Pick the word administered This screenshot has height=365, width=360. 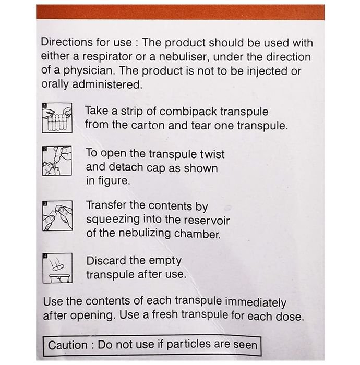107,84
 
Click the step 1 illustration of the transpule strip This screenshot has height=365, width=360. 57,118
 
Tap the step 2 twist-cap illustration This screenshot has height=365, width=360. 57,161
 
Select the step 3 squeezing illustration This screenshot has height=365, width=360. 57,216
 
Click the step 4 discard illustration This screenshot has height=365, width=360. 57,268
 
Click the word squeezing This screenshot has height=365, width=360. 113,220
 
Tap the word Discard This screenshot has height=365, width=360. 106,261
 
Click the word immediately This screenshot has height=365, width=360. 256,302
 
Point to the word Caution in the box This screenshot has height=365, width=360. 67,345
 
